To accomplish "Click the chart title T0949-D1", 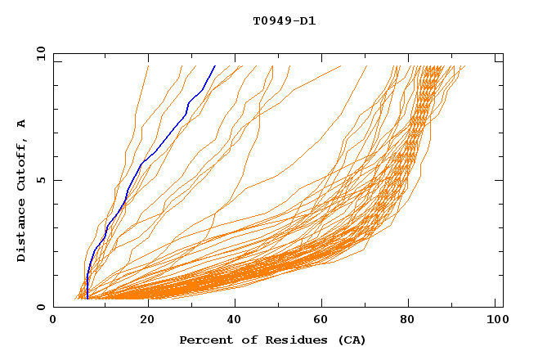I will pyautogui.click(x=284, y=20).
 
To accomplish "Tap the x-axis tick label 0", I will pyautogui.click(x=53, y=322).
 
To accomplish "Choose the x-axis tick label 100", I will pyautogui.click(x=495, y=322).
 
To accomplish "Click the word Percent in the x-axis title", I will pyautogui.click(x=203, y=340).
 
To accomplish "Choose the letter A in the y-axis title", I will pyautogui.click(x=22, y=124).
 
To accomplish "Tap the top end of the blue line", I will pyautogui.click(x=214, y=66).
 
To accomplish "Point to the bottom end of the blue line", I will pyautogui.click(x=87, y=299).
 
